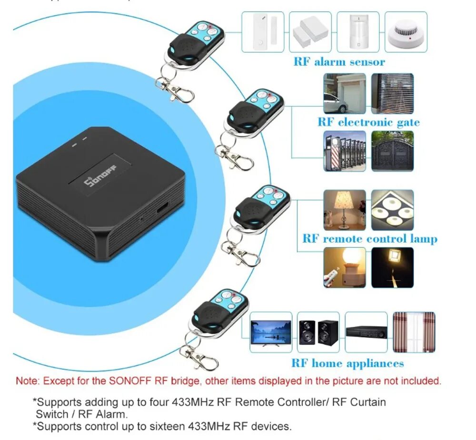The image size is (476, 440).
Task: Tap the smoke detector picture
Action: click(406, 32)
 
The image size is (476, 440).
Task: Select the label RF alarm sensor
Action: click(339, 61)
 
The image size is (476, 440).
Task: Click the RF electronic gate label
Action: click(369, 122)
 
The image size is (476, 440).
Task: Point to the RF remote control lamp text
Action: click(370, 238)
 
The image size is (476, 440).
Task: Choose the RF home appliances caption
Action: click(347, 363)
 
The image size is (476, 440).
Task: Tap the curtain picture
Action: click(414, 332)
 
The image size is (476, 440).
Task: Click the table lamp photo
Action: click(345, 210)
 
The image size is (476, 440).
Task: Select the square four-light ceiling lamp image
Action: click(392, 210)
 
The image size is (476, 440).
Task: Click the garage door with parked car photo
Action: click(345, 93)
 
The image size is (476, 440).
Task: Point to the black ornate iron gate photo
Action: click(392, 151)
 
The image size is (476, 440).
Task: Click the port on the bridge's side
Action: click(162, 208)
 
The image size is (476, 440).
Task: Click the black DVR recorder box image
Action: click(366, 332)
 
